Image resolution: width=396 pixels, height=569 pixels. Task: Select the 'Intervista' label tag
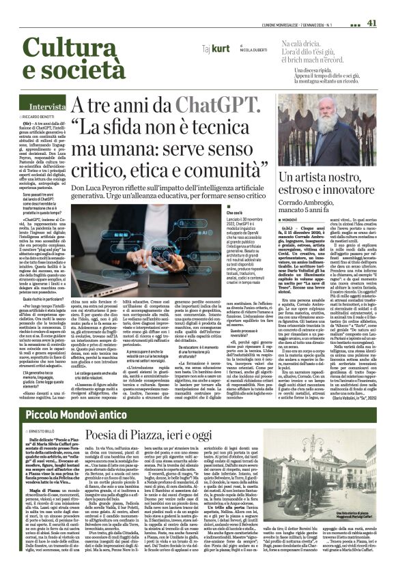pos(47,107)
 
